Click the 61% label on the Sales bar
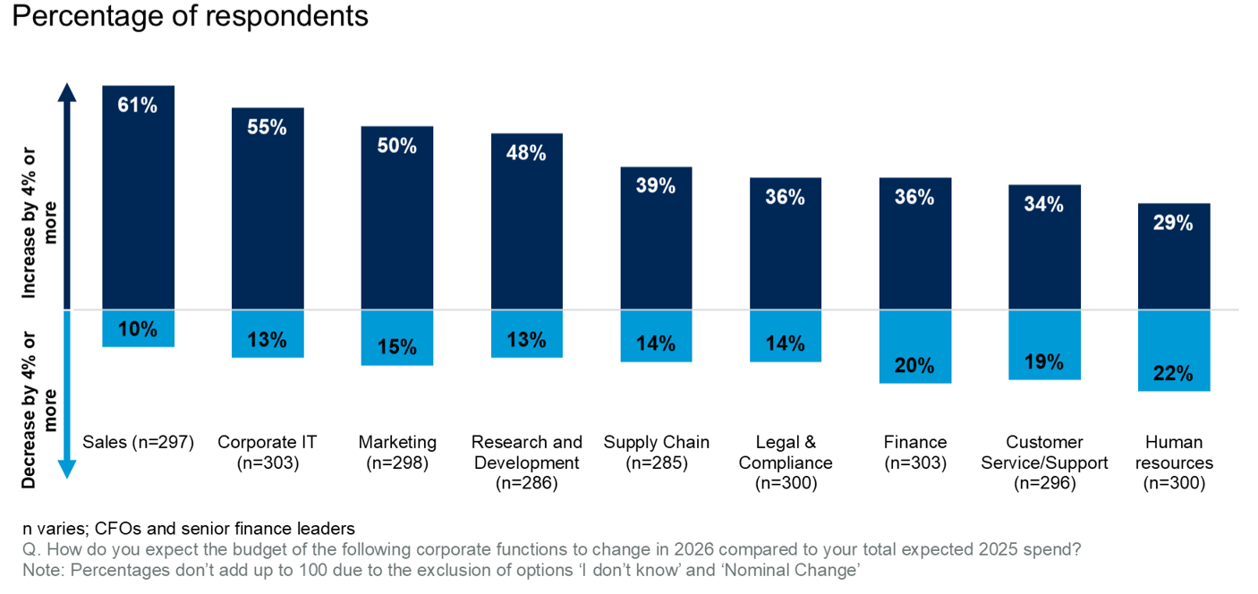138,106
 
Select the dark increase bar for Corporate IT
267,215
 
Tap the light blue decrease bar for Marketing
396,338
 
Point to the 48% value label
526,153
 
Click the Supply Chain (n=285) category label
656,452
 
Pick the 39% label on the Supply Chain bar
656,186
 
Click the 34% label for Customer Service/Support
1044,204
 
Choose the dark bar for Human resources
1174,259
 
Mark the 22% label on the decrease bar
1174,374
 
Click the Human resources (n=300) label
1174,462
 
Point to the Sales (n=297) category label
138,442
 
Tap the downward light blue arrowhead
67,469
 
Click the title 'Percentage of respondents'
190,16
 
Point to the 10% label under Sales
138,329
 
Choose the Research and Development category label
526,462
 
